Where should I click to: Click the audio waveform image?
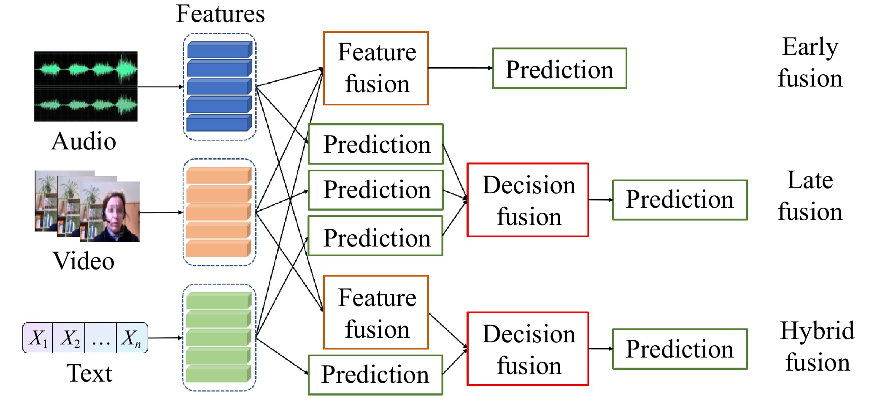(86, 87)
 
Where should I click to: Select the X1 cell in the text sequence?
(38, 338)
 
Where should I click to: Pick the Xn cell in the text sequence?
(132, 338)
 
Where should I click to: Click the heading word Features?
(220, 14)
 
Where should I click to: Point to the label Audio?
(84, 141)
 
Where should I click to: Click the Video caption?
(84, 260)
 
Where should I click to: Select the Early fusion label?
(810, 62)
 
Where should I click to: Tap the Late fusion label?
(810, 195)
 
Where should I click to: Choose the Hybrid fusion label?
(817, 346)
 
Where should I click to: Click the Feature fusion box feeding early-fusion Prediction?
(376, 68)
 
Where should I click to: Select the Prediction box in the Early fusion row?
(559, 68)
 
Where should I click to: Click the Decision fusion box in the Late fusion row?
(528, 200)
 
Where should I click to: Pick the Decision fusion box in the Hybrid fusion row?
(528, 349)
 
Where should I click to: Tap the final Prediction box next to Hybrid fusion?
(680, 349)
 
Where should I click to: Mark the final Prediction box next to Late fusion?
(680, 200)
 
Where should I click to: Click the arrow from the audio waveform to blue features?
(161, 87)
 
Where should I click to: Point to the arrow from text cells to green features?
(165, 338)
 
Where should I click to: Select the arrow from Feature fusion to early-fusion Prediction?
(461, 68)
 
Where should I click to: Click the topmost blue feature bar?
(219, 50)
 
